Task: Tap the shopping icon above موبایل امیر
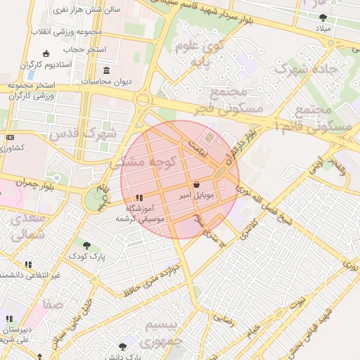click(196, 184)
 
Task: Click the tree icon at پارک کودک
click(86, 245)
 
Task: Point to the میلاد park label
click(323, 29)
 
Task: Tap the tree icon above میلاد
click(323, 18)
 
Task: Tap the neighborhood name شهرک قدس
click(89, 132)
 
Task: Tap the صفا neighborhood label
click(53, 304)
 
